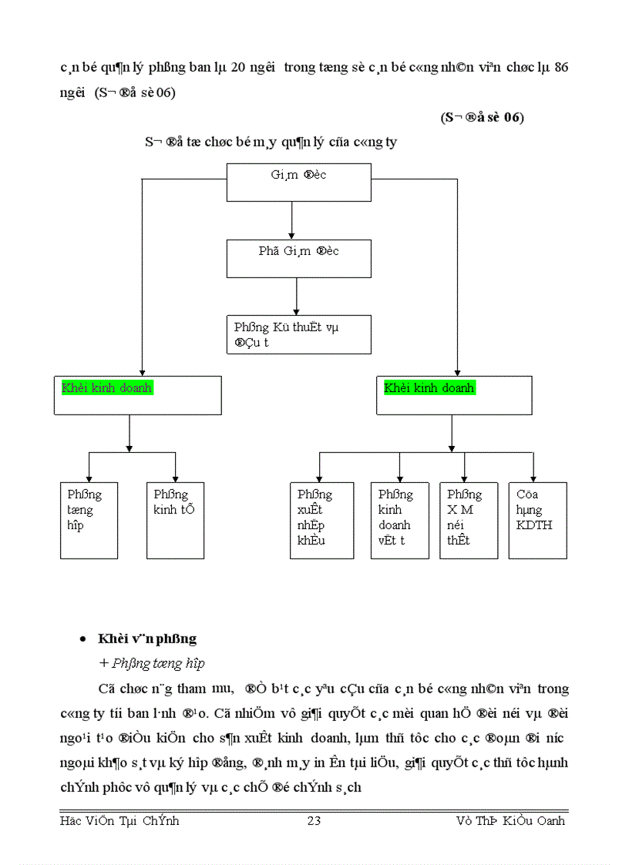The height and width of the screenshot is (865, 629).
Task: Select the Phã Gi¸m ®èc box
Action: coord(298,258)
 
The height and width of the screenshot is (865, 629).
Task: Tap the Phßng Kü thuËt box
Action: coord(298,334)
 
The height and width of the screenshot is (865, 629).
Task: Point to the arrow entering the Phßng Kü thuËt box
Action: coord(297,297)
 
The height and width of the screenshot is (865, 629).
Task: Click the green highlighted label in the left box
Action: coord(107,388)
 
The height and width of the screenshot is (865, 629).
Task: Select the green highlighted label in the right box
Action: coord(429,388)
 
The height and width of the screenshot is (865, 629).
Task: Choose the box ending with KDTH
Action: coord(537,521)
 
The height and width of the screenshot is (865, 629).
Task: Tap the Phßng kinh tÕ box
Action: coord(175,520)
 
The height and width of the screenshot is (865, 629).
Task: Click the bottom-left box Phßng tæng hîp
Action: coord(89,520)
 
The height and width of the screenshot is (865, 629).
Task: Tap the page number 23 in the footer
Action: coord(314,821)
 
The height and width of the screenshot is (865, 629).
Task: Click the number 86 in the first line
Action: coord(561,68)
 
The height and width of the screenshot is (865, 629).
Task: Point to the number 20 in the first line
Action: coord(237,68)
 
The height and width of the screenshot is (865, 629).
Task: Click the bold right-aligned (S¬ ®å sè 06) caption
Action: coord(482,118)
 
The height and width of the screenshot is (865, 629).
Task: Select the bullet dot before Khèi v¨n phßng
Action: coord(83,640)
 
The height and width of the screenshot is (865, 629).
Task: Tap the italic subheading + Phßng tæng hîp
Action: coord(151,663)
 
